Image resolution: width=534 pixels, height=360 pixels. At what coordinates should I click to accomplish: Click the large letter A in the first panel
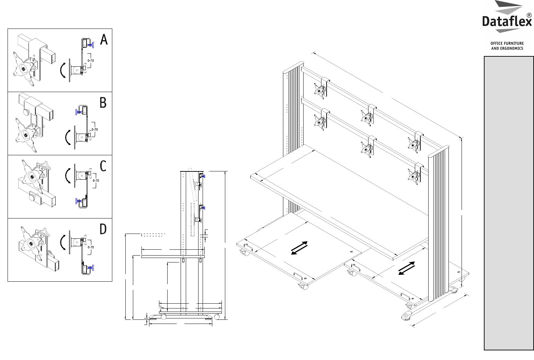coord(104,40)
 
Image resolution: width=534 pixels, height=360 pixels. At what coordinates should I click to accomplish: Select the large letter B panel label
coord(103,103)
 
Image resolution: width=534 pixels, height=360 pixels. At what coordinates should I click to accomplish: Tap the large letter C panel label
coord(103,166)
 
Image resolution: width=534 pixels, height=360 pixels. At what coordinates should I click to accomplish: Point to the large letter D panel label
coord(103,229)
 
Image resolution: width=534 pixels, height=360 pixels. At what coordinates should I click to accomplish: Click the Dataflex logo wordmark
coord(506,22)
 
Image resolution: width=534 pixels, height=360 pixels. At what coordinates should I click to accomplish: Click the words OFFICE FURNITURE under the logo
coord(507,43)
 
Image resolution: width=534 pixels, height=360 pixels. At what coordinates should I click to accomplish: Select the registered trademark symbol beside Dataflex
coord(529,15)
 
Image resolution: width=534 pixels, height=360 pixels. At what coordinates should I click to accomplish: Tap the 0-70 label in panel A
coord(91,60)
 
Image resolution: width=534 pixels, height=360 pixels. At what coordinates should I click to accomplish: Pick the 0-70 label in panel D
coord(91,247)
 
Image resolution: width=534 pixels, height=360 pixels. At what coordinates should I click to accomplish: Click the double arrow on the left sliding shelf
coord(299,248)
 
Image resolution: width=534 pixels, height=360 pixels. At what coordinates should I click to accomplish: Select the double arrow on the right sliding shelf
coord(407,268)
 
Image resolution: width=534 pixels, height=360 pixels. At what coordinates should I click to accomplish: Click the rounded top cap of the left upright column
coord(293,67)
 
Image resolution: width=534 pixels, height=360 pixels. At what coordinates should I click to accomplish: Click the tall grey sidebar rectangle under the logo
coord(509,203)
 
